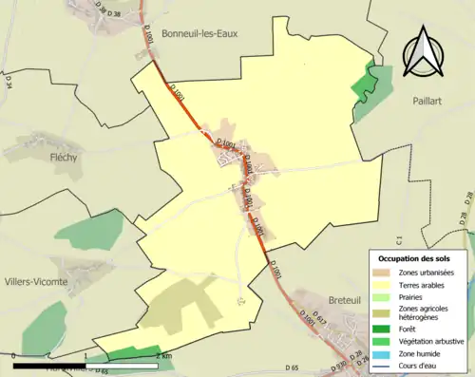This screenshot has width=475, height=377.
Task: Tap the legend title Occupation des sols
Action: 419,258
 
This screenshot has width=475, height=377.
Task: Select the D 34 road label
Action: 7,84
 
